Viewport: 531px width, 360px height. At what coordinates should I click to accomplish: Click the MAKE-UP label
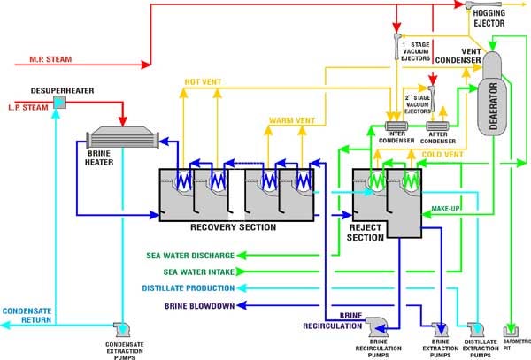pos(445,208)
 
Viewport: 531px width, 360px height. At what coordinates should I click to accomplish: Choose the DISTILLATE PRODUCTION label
pos(189,288)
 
